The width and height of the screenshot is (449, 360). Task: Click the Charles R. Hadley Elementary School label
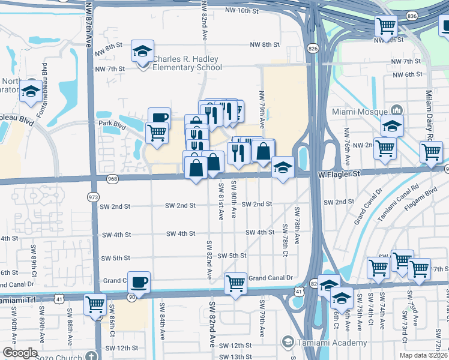point(187,63)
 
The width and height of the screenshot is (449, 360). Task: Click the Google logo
point(20,353)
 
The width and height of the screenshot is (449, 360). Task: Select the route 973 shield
point(93,197)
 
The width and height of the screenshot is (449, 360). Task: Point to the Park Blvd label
point(110,123)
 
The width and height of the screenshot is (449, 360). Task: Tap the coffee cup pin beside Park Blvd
point(159,118)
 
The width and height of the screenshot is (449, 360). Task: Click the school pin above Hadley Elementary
point(143,51)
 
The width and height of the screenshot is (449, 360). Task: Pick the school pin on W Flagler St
point(282,167)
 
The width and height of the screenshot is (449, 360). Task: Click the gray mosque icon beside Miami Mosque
point(396,110)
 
